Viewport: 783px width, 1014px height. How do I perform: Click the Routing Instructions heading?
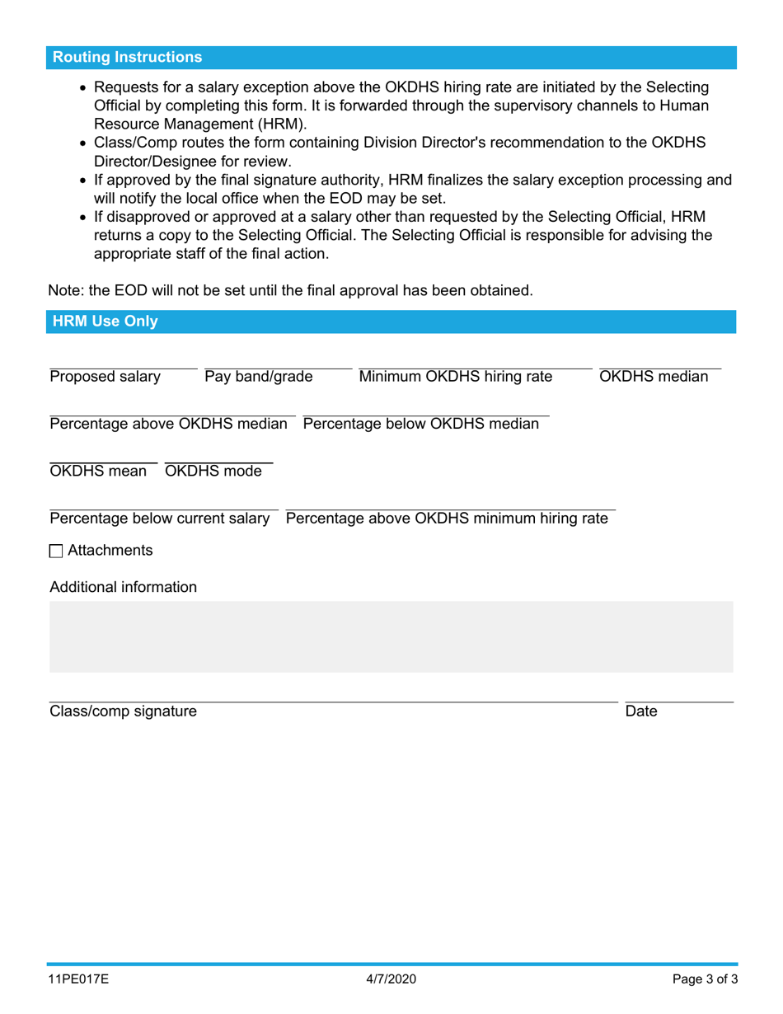(x=127, y=58)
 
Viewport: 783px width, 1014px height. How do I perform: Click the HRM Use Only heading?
(x=105, y=322)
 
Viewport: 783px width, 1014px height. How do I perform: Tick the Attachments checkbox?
(x=56, y=552)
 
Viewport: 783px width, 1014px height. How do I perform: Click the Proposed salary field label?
(x=105, y=378)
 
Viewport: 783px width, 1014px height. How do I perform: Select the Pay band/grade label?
(x=259, y=378)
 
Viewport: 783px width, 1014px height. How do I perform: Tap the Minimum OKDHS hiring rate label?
(x=456, y=378)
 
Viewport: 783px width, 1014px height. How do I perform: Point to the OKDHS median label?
(x=654, y=378)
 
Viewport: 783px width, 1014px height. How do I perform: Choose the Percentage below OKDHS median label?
(x=421, y=425)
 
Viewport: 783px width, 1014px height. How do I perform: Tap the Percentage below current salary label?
(x=160, y=519)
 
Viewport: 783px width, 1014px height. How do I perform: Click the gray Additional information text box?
(x=391, y=636)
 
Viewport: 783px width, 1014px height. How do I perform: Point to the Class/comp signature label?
(x=124, y=711)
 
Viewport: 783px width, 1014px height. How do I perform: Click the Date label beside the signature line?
(x=641, y=711)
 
